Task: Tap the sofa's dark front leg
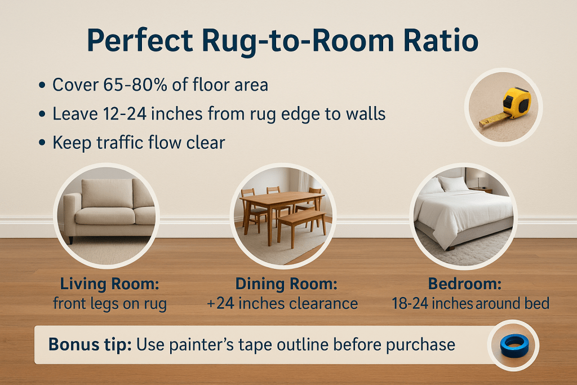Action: pyautogui.click(x=71, y=239)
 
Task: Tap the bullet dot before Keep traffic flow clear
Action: pyautogui.click(x=42, y=143)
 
